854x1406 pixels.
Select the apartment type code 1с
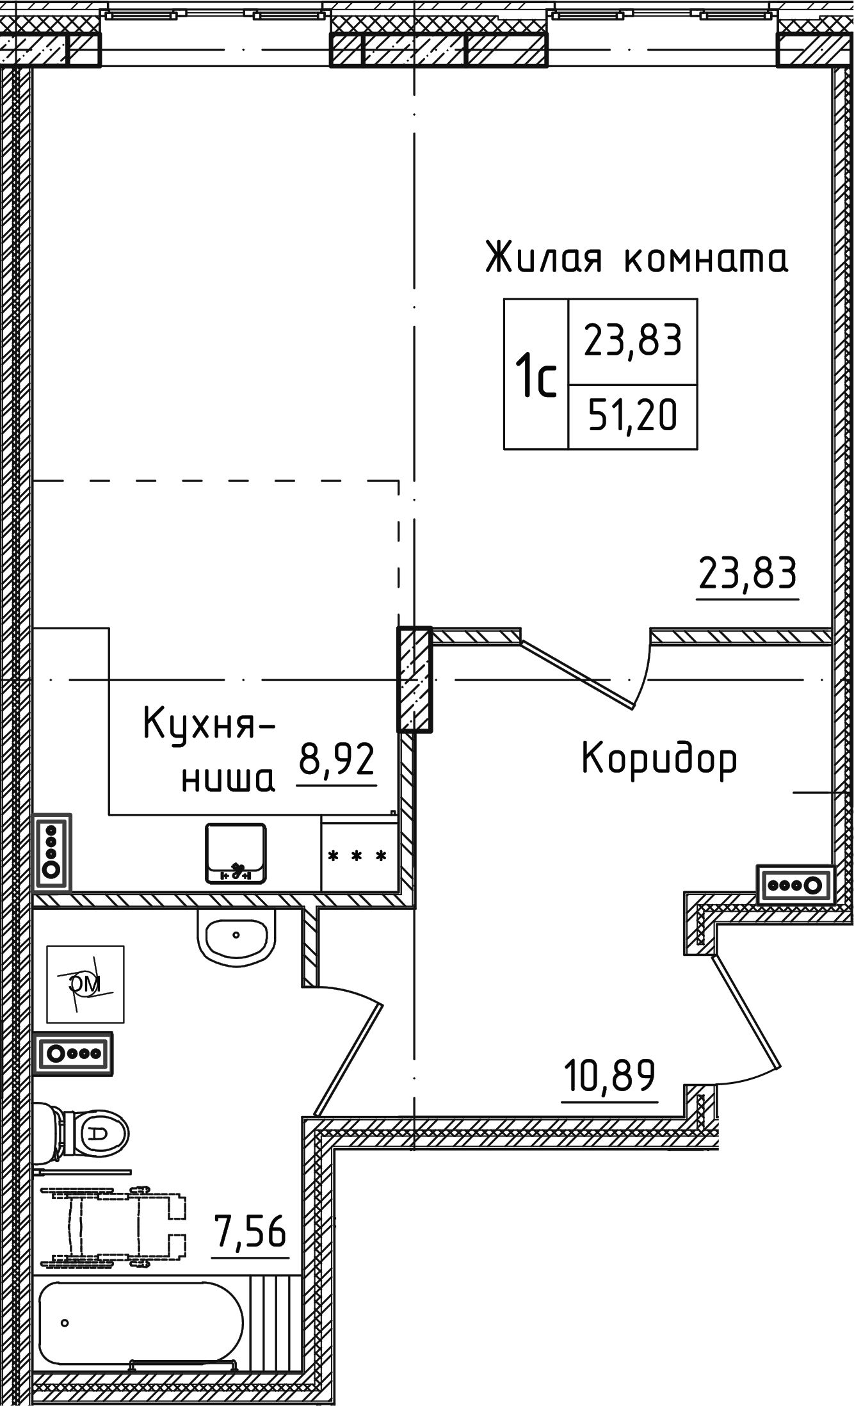click(x=536, y=377)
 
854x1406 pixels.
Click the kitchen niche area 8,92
click(x=337, y=759)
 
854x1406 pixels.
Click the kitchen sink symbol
click(x=236, y=853)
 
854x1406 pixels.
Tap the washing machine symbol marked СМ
click(x=86, y=984)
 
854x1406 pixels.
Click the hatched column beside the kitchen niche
click(x=414, y=679)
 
